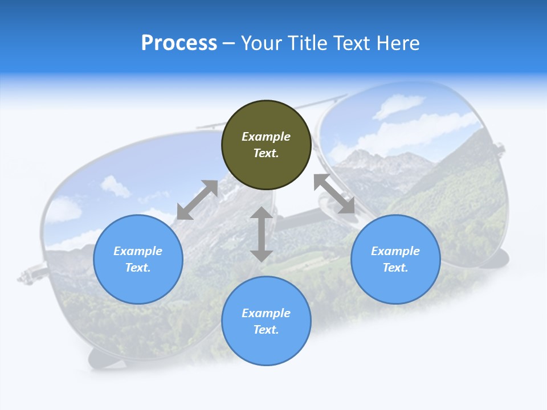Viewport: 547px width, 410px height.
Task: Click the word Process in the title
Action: coord(179,43)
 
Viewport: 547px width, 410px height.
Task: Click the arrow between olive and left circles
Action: coord(198,200)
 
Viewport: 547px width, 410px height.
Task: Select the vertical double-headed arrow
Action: coord(262,234)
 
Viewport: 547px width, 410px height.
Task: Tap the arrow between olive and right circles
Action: coord(334,194)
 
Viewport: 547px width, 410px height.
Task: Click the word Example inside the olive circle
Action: coord(266,137)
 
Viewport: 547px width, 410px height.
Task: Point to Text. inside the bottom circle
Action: coord(266,330)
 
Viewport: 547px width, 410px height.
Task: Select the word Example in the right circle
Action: coord(395,251)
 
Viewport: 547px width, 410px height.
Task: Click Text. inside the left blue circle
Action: coord(138,268)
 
